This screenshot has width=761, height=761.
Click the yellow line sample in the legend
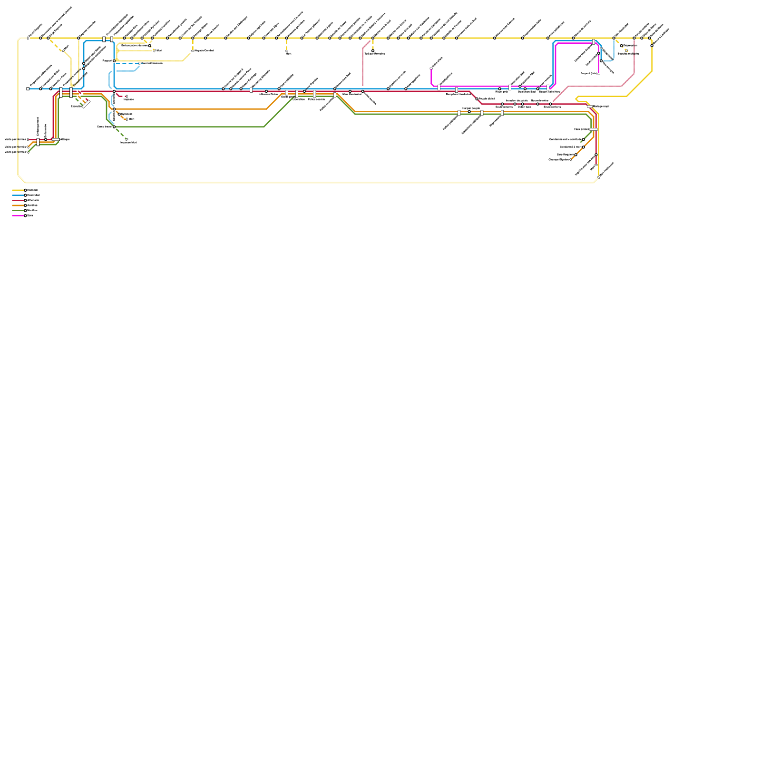[18, 190]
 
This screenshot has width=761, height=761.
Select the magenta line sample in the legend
[18, 215]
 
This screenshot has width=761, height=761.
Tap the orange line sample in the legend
[18, 205]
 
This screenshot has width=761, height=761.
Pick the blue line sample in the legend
[18, 195]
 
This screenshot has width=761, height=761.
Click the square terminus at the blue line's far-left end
[28, 89]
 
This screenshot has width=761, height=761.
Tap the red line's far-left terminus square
[28, 139]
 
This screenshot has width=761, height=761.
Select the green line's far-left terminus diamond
[28, 152]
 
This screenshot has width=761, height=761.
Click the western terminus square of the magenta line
[431, 68]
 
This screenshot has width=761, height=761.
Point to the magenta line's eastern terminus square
[598, 73]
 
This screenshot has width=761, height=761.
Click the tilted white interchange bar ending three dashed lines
[86, 104]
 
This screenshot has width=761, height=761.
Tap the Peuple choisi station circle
[477, 99]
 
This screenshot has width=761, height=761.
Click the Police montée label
[316, 99]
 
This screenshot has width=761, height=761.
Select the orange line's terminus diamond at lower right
[571, 160]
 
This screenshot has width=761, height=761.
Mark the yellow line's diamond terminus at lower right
[598, 177]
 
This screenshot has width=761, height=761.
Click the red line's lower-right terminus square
[596, 165]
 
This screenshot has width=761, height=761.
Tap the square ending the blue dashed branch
[139, 63]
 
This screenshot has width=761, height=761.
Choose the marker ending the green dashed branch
[127, 139]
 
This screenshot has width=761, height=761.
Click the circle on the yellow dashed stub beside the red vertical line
[373, 51]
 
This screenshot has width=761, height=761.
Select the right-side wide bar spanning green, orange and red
[594, 129]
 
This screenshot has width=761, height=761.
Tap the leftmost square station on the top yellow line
[28, 38]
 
